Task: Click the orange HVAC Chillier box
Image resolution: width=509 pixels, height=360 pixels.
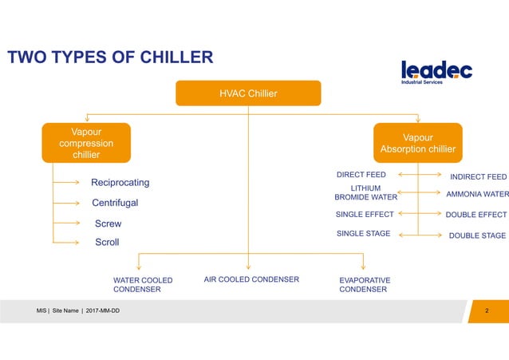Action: (248, 93)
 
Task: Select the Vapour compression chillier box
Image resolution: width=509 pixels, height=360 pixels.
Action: (86, 141)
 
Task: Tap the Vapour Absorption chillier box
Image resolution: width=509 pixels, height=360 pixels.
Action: (418, 143)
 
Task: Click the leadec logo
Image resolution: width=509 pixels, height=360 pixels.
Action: (436, 72)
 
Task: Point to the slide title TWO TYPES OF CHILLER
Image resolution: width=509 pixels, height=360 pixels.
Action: (110, 57)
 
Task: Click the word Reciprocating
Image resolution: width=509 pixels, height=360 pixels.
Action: (120, 183)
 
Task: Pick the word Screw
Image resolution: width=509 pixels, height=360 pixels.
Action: (108, 224)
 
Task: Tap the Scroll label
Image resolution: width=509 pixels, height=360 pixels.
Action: (107, 242)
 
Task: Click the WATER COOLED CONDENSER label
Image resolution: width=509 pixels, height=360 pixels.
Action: (143, 285)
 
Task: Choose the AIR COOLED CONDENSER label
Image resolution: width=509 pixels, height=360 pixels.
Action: (251, 279)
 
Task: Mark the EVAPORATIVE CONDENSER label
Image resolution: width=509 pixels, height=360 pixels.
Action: (365, 285)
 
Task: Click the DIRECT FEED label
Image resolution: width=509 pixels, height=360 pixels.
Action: (361, 174)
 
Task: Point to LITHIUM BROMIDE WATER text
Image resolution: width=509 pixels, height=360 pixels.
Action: (365, 192)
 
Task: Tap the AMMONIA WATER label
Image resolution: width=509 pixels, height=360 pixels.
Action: (477, 194)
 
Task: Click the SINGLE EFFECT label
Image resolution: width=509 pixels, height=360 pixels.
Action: (363, 214)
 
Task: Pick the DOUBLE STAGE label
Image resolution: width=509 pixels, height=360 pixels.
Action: (477, 235)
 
